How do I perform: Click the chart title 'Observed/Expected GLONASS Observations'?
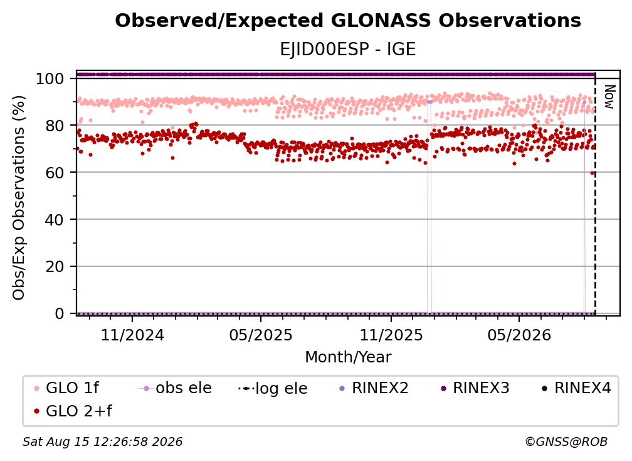tap(348, 21)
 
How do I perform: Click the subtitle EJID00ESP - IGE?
tap(348, 50)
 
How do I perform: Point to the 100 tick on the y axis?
tap(50, 79)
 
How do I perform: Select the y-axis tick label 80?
tap(55, 126)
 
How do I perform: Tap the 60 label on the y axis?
tap(55, 173)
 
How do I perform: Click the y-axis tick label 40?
tap(55, 220)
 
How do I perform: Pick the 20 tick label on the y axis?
tap(55, 267)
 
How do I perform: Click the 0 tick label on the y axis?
tap(59, 313)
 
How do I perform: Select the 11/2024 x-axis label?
tap(133, 335)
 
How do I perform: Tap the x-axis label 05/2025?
tap(261, 335)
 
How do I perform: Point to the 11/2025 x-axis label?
tap(391, 335)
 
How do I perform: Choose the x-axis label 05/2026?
tap(519, 335)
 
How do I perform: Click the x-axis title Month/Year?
tap(348, 357)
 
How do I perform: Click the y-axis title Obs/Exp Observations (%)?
tap(19, 198)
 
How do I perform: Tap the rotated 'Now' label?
tap(609, 97)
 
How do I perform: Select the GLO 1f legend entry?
tap(66, 388)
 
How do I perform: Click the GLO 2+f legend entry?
tap(73, 411)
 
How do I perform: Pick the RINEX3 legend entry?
tap(475, 388)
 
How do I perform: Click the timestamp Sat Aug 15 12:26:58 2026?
tap(102, 442)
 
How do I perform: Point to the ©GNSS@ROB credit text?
tap(566, 442)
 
